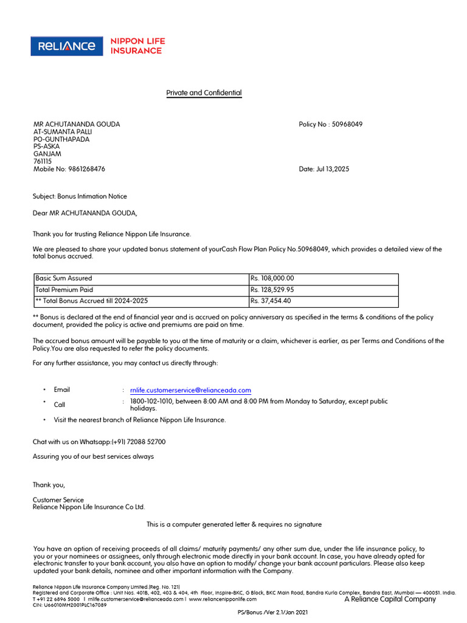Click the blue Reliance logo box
click(67, 46)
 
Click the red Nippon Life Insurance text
click(137, 46)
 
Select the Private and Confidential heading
click(204, 93)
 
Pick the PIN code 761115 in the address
click(43, 161)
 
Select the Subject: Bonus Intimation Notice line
click(80, 197)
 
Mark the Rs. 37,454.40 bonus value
click(271, 301)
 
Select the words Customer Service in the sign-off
click(58, 500)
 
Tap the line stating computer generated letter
click(234, 524)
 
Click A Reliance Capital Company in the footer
click(390, 599)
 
